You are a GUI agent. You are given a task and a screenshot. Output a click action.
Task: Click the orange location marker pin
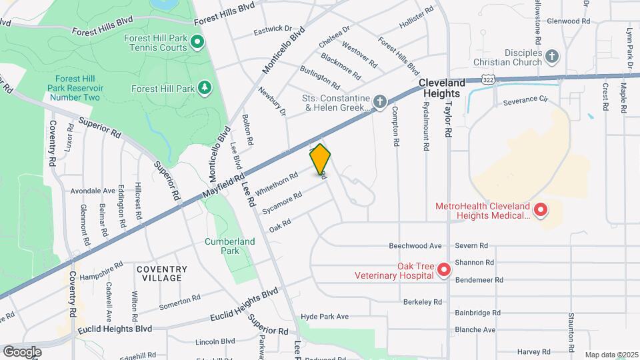tap(320, 160)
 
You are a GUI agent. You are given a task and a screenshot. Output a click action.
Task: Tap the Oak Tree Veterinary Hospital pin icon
tap(444, 270)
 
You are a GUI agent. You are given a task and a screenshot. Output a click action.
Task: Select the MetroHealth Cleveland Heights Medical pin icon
tap(541, 211)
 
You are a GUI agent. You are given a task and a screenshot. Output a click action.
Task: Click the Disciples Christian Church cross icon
tap(552, 57)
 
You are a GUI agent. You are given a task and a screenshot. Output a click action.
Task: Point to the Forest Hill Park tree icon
tap(205, 88)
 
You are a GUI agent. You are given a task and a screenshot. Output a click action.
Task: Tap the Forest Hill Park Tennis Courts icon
tap(197, 43)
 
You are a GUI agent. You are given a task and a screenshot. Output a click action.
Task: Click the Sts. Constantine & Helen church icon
tap(379, 101)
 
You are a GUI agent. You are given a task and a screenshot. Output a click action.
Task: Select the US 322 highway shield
tap(489, 79)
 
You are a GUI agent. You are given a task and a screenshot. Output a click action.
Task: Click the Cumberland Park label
tap(221, 246)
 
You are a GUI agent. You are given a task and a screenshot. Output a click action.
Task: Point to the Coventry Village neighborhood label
tap(161, 273)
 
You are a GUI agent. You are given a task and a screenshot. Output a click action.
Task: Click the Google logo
tap(22, 351)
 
